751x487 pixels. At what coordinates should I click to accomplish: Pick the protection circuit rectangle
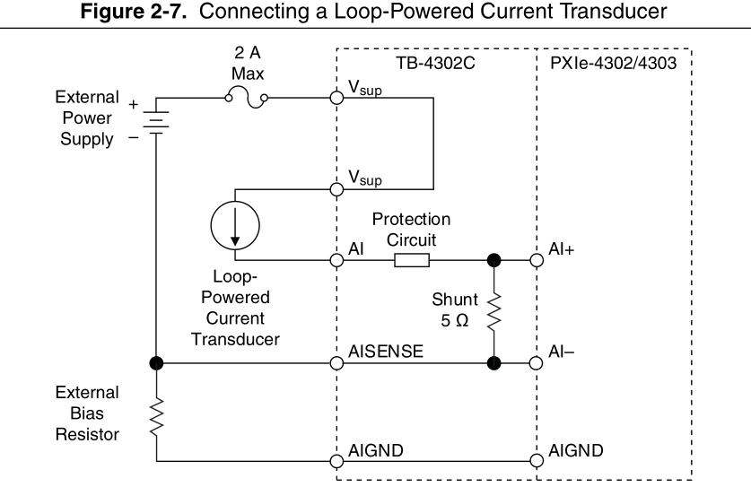tap(411, 260)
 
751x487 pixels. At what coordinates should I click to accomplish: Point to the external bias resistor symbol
tap(156, 414)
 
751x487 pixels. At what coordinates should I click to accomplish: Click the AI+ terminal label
tap(563, 251)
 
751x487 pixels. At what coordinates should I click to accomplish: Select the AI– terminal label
tap(561, 353)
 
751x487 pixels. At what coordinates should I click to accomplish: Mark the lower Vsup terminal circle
tap(336, 190)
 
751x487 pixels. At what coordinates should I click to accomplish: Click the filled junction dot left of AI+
tap(493, 260)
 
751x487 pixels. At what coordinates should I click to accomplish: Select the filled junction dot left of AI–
tap(493, 363)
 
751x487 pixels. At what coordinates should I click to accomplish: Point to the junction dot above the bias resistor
tap(156, 363)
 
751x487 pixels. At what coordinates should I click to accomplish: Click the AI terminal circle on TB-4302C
tap(336, 260)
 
